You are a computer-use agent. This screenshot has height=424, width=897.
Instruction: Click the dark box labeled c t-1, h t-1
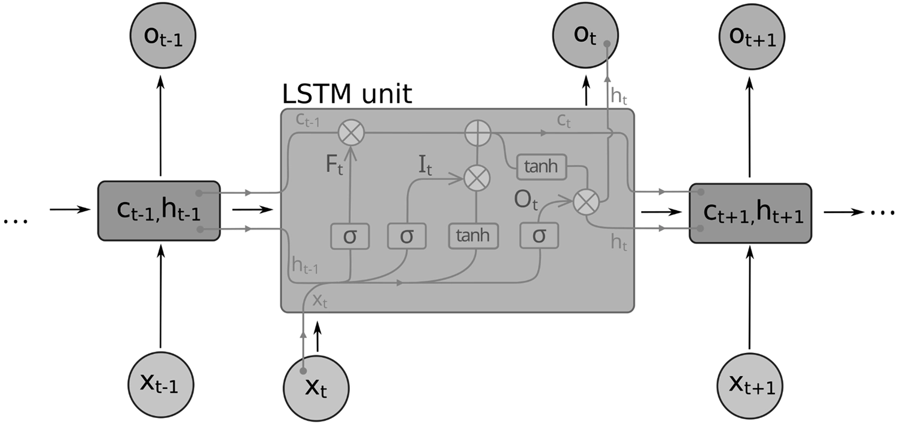159,211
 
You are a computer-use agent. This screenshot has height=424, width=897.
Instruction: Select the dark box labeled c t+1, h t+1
750,213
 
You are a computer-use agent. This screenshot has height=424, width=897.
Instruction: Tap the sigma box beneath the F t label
349,236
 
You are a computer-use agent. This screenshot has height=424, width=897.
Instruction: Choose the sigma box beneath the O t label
539,236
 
